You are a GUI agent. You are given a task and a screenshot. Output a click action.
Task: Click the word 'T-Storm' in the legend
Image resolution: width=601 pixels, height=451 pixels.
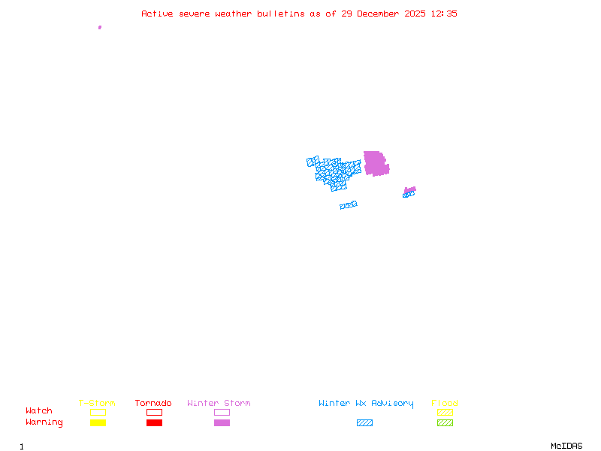point(97,404)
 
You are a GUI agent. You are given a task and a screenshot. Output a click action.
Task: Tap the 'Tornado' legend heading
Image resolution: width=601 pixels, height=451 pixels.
point(153,404)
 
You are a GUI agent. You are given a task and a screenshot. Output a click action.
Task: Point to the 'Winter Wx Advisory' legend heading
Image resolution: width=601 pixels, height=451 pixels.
point(366,404)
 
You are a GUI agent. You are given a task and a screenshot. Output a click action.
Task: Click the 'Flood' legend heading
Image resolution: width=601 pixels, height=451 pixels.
point(445,404)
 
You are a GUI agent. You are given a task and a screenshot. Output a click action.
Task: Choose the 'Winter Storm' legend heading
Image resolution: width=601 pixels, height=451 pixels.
point(219,404)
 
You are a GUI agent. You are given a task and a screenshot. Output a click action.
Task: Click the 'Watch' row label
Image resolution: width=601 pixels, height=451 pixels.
point(39,411)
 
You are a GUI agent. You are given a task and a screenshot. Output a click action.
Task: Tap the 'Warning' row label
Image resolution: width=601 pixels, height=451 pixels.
point(44,422)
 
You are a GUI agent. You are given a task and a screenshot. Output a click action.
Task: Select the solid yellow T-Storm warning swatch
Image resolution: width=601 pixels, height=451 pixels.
point(98,422)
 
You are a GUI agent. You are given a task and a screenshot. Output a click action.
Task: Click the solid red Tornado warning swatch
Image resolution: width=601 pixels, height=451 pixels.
point(154,422)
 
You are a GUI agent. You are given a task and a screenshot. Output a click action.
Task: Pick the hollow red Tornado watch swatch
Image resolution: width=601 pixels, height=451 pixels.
point(154,412)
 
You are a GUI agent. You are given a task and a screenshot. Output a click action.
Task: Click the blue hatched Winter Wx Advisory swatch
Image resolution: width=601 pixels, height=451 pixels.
point(364,422)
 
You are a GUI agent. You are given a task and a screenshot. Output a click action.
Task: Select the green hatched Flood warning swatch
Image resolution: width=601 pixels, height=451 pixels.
point(445,422)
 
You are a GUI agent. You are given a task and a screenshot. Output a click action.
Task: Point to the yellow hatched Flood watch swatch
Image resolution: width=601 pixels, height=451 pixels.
point(445,412)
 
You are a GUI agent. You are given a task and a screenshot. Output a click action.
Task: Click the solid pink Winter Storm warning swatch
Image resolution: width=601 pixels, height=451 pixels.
point(222,422)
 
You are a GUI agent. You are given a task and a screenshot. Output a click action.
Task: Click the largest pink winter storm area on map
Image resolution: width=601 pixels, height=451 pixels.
point(376,163)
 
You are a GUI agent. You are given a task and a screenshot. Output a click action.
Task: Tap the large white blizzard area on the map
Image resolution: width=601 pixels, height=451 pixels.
point(342,198)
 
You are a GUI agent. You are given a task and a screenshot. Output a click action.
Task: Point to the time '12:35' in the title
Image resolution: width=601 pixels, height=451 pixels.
point(443,14)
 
